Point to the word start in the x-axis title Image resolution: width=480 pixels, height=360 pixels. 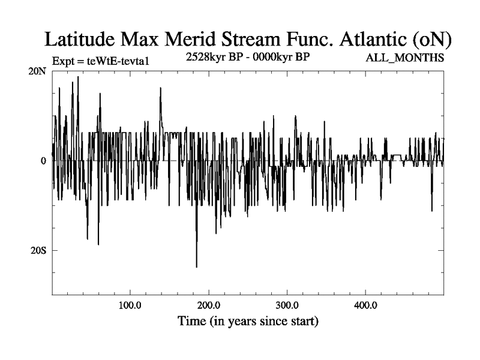[299, 321]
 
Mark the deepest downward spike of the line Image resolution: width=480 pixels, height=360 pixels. [196, 266]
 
